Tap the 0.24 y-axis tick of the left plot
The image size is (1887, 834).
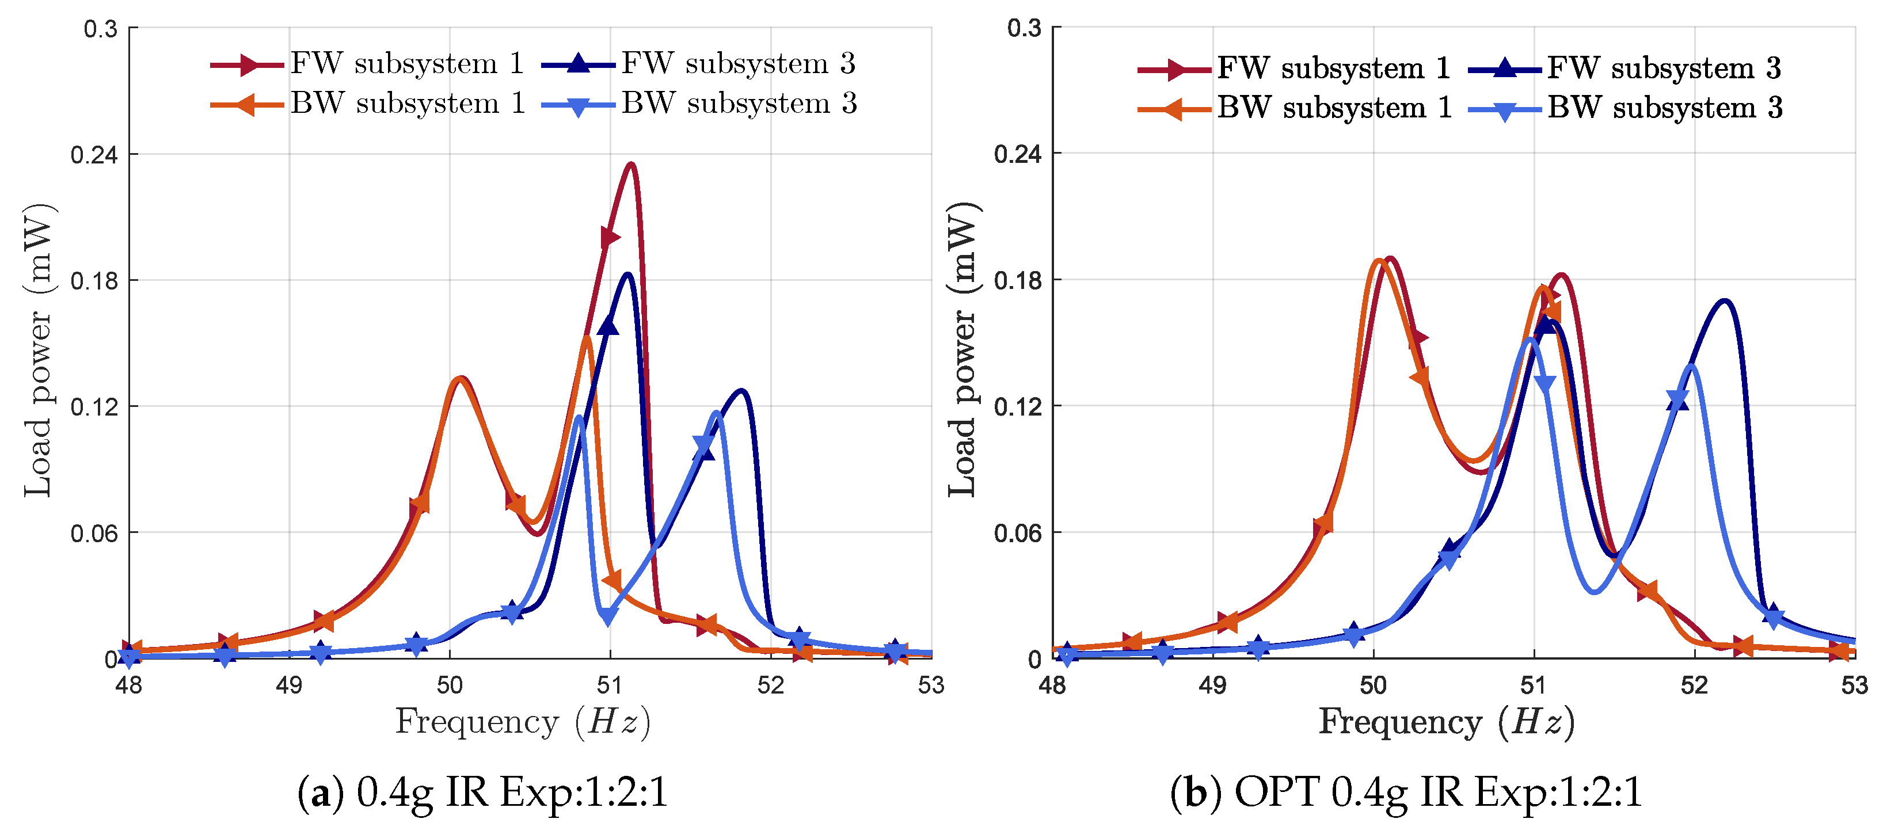pos(94,154)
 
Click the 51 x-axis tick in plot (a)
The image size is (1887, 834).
pos(610,686)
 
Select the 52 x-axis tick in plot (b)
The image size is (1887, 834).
pos(1694,686)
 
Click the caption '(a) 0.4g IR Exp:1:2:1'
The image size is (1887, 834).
pos(483,792)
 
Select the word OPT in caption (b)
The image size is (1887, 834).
pos(1276,792)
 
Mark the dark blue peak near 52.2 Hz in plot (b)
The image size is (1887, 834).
pos(1725,300)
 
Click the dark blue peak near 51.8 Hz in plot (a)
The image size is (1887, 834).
pos(743,390)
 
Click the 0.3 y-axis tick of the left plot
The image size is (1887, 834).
pos(100,29)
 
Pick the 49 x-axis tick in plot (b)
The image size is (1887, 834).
pos(1213,686)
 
